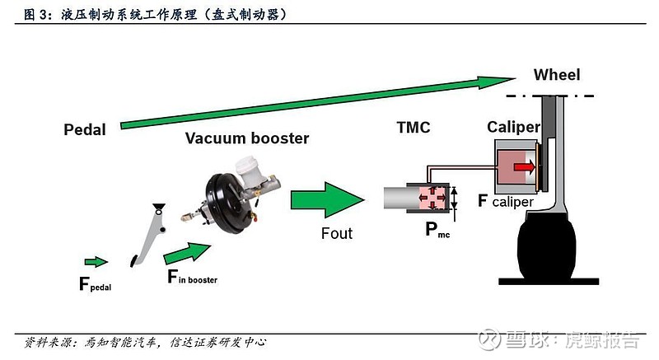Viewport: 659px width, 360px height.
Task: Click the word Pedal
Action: pos(85,129)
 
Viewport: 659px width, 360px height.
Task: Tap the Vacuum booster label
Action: pos(246,138)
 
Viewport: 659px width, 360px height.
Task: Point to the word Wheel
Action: pos(556,75)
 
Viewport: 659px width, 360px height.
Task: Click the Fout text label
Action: pos(336,233)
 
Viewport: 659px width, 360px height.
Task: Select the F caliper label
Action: pos(505,200)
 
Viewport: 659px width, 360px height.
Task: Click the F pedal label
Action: pos(95,285)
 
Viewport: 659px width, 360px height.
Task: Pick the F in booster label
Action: pos(192,278)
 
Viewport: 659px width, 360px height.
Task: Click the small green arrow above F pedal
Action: pos(96,262)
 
